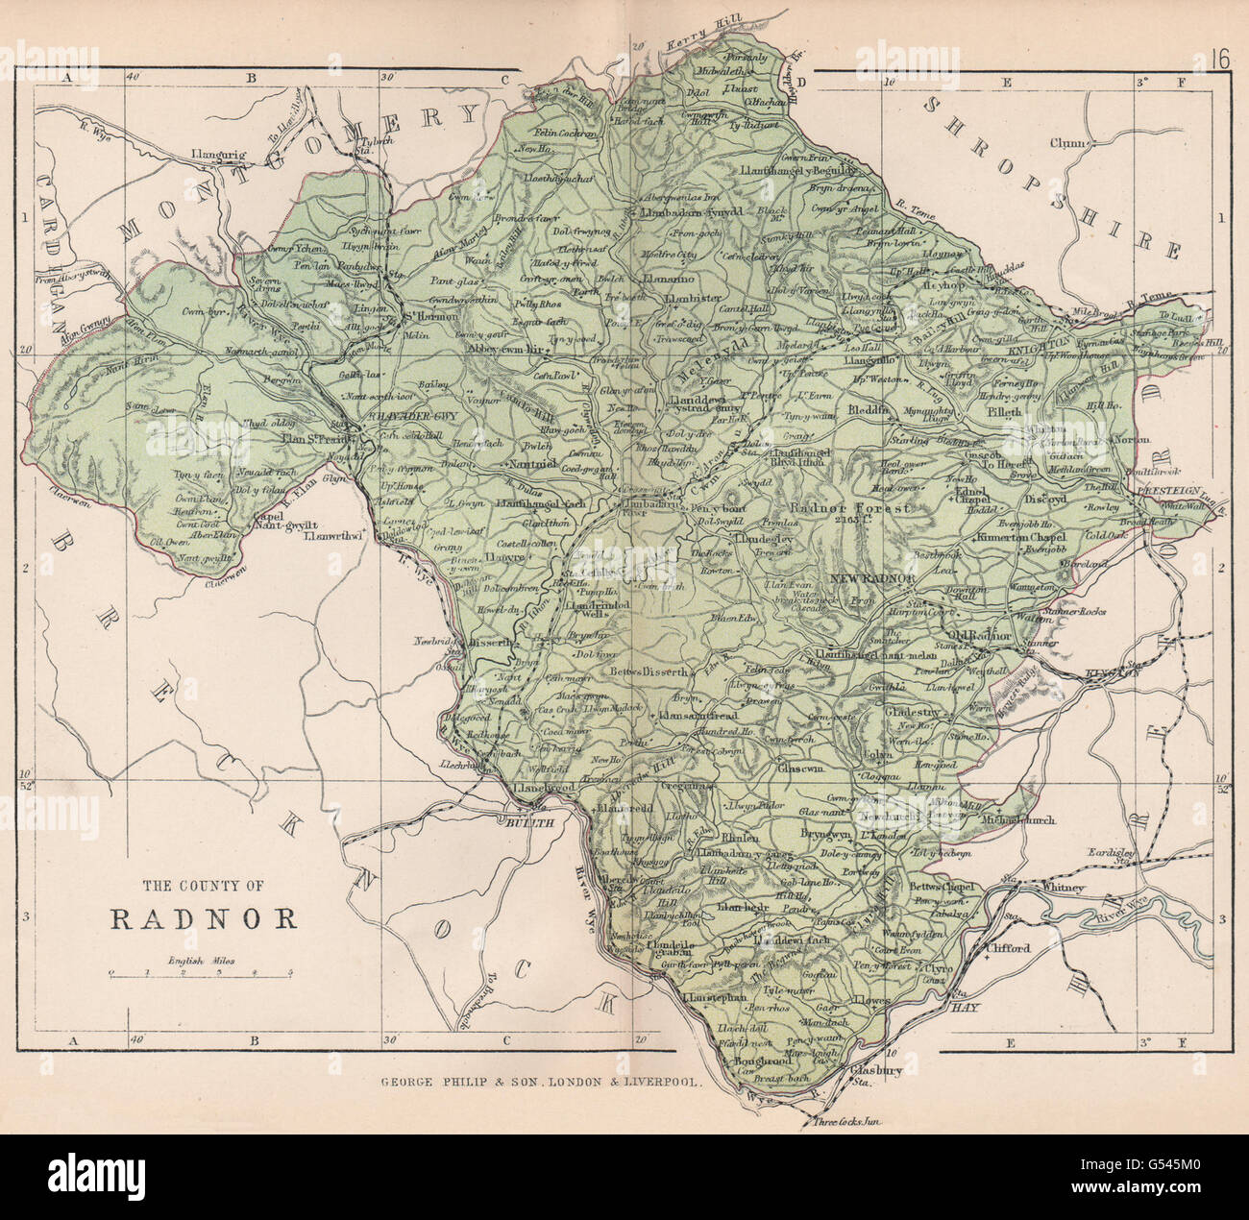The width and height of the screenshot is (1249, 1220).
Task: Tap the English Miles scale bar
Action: [x=202, y=974]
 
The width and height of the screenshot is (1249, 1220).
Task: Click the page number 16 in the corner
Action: [x=1220, y=85]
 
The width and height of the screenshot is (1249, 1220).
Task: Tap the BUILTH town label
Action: [x=527, y=823]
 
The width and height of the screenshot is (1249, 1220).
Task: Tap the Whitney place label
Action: [x=1062, y=888]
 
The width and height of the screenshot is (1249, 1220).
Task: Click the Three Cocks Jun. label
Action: [x=846, y=1121]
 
